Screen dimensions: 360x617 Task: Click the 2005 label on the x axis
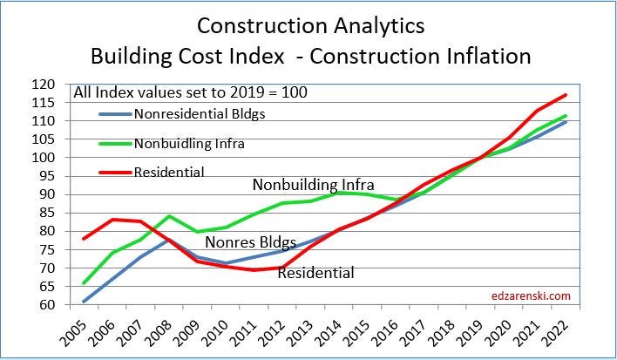[71, 329]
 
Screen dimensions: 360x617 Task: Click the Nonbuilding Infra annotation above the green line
[313, 185]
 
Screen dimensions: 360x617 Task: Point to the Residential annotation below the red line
[315, 273]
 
